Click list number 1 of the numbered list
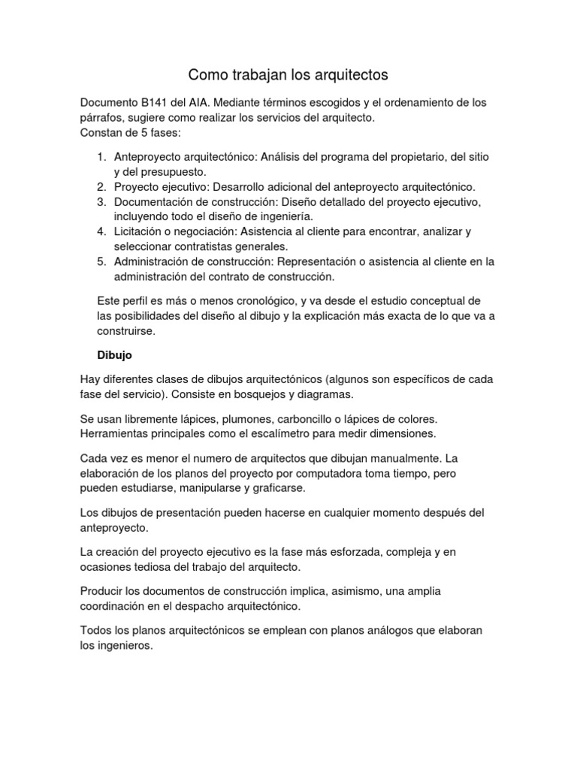pyautogui.click(x=102, y=157)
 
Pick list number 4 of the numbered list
pyautogui.click(x=102, y=231)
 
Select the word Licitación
pyautogui.click(x=141, y=231)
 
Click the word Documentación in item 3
pyautogui.click(x=153, y=202)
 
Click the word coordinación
pyautogui.click(x=115, y=606)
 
